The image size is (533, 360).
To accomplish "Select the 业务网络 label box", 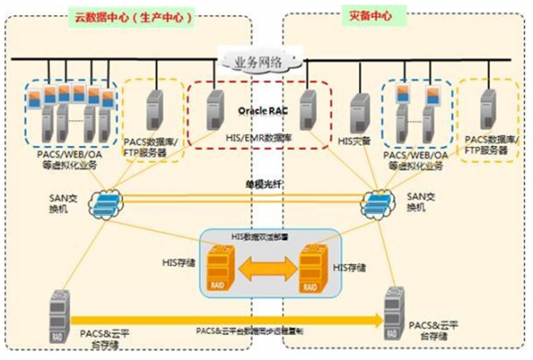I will point(259,62).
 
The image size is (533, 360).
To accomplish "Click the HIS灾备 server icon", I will point(359,111).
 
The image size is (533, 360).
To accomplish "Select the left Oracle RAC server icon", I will point(214,109).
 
